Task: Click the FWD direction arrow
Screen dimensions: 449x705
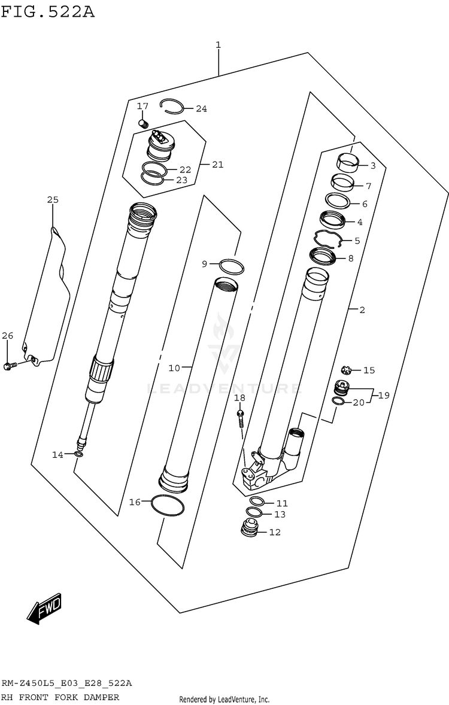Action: click(x=44, y=609)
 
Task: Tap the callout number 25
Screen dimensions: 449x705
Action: click(x=53, y=200)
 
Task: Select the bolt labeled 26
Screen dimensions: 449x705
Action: click(x=10, y=366)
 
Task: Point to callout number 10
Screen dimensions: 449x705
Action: click(x=174, y=368)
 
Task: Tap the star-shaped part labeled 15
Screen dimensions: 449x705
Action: click(x=345, y=370)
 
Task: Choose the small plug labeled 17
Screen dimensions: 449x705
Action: click(x=144, y=123)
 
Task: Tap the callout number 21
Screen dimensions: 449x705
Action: click(x=218, y=165)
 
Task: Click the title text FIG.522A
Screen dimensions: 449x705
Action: click(x=48, y=11)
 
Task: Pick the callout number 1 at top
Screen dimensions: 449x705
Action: click(x=218, y=45)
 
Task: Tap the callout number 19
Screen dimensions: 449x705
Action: click(x=383, y=395)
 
